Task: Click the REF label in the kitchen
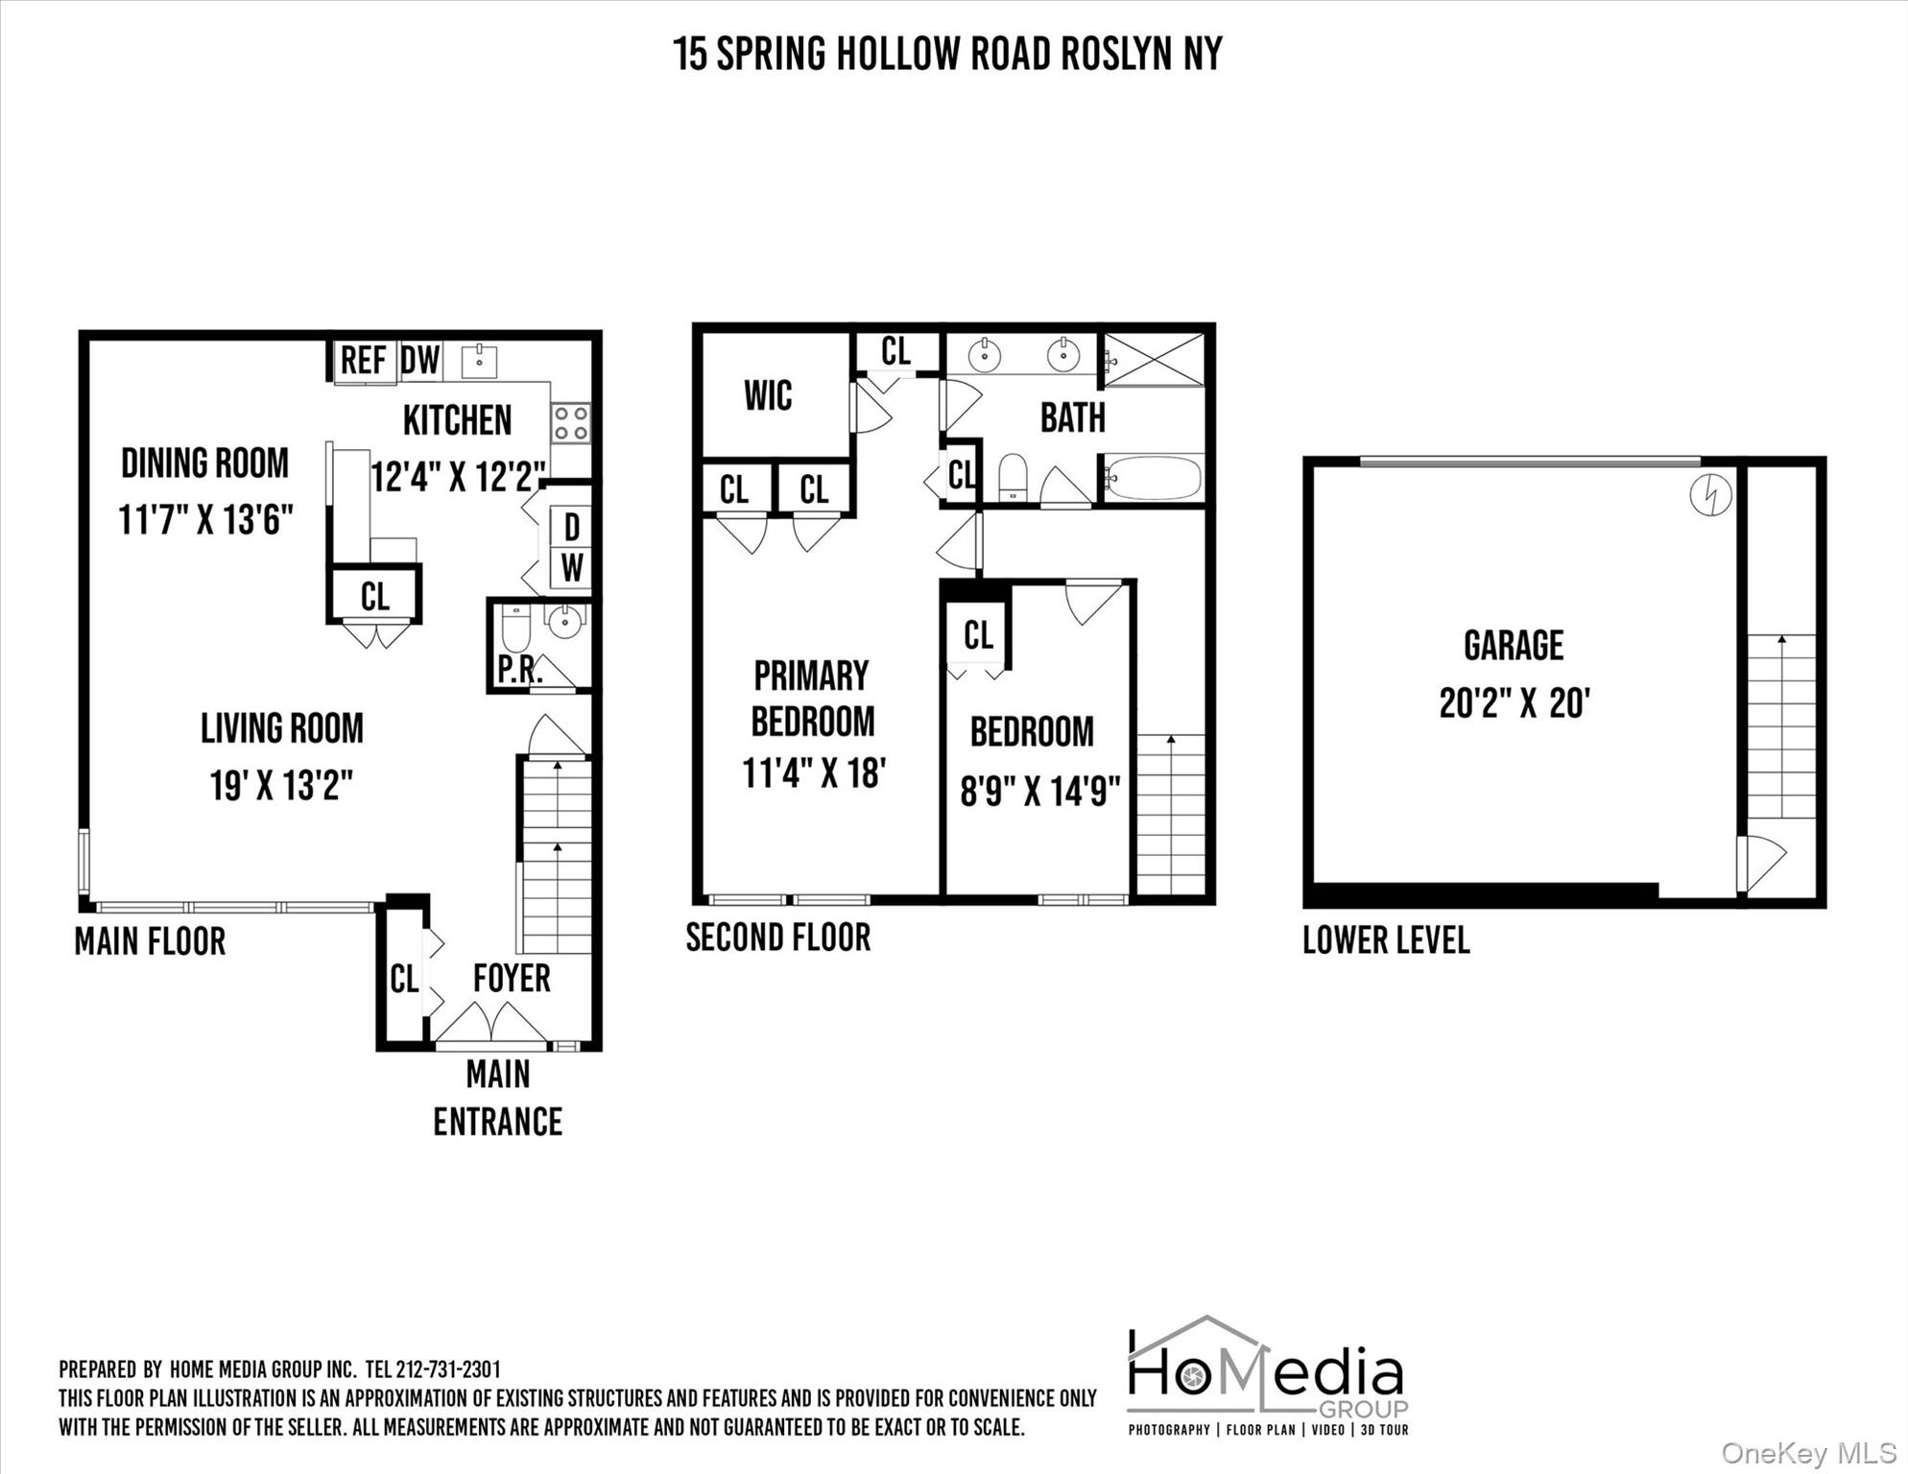[364, 361]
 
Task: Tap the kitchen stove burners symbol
[570, 423]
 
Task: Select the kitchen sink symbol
[479, 362]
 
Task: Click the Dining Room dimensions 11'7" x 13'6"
[205, 520]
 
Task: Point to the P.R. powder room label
[519, 671]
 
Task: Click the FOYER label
[512, 979]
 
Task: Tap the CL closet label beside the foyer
[404, 980]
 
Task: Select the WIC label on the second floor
[768, 395]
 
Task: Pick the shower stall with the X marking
[1153, 361]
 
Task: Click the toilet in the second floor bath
[1013, 477]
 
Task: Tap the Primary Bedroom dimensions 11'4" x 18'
[813, 773]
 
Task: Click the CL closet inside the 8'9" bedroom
[978, 635]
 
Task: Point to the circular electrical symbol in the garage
[1711, 496]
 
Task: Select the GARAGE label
[1514, 646]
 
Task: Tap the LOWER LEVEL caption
[1385, 940]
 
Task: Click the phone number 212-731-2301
[447, 1369]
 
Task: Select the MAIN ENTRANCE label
[497, 1098]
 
